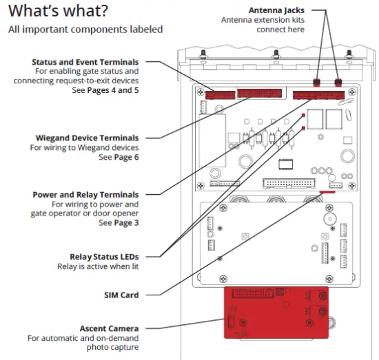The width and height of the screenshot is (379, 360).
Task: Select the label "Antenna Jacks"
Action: [x=296, y=10]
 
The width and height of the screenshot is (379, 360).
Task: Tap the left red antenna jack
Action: [x=318, y=83]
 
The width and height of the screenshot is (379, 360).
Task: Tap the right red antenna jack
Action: [x=338, y=83]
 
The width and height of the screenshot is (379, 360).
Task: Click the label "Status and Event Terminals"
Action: [x=85, y=62]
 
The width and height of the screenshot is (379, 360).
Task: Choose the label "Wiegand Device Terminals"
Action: [x=87, y=138]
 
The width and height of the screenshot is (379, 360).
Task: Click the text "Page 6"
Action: [x=125, y=157]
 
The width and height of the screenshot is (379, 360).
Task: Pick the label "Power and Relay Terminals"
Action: [x=85, y=195]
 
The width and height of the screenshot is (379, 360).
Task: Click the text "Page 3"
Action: [x=125, y=223]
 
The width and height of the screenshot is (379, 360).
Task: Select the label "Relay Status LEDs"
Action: [x=104, y=257]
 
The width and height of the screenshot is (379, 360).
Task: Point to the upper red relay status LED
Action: [x=303, y=115]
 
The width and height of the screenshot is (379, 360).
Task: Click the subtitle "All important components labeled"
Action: [x=85, y=30]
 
